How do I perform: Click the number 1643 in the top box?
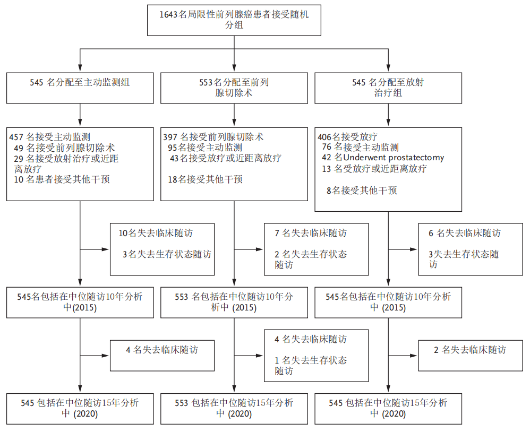pos(169,14)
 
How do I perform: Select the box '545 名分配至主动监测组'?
pos(80,88)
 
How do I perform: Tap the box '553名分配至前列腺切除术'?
pos(234,88)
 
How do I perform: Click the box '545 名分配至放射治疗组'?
pos(388,88)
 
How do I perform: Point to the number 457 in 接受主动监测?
pos(17,137)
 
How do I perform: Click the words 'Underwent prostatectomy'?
pos(394,158)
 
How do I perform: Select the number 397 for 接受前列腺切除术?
pos(171,137)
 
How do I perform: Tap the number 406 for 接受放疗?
pos(324,137)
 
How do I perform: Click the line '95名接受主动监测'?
pos(205,148)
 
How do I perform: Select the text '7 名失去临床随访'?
pos(311,233)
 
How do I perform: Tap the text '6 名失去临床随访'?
pos(464,233)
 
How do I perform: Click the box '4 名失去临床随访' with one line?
pos(163,356)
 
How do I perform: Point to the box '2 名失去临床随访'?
pos(470,356)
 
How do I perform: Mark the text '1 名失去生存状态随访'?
pos(311,366)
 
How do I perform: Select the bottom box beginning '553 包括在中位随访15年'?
pos(234,408)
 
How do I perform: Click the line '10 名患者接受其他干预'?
pos(62,179)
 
